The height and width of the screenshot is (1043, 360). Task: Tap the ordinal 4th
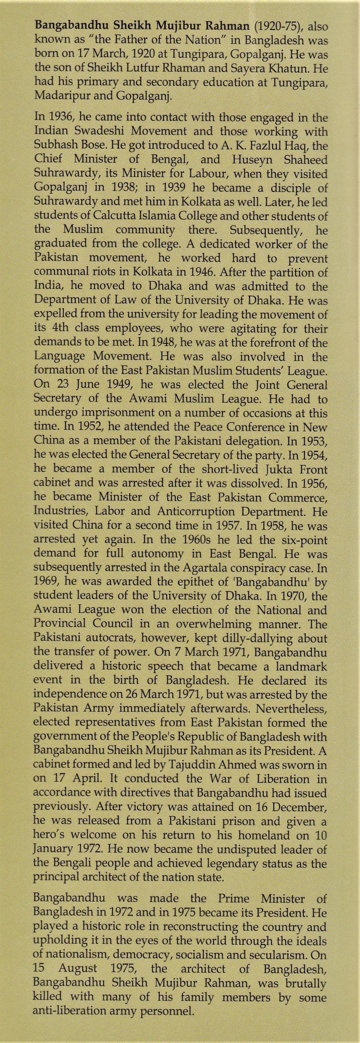tap(53, 328)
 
